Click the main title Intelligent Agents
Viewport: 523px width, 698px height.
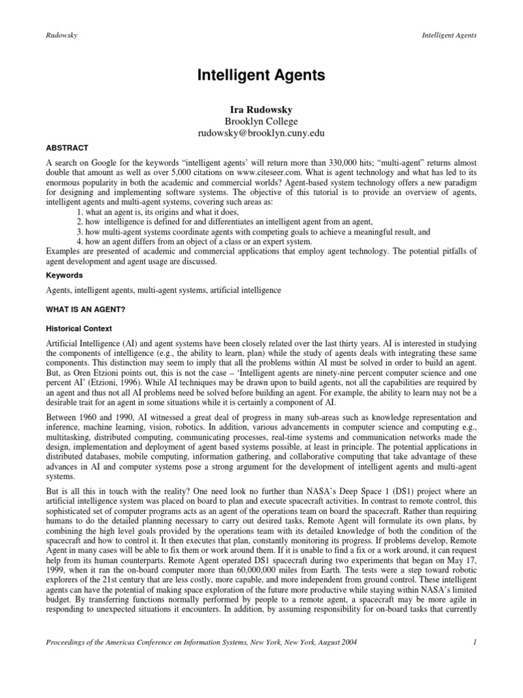point(261,74)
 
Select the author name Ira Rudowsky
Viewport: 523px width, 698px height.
point(261,108)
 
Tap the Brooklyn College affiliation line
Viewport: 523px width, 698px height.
point(261,121)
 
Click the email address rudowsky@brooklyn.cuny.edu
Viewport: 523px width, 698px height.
point(261,134)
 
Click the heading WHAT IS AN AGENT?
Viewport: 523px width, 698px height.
point(82,309)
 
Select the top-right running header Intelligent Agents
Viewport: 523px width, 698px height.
point(452,35)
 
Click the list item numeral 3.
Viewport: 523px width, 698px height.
point(79,232)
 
